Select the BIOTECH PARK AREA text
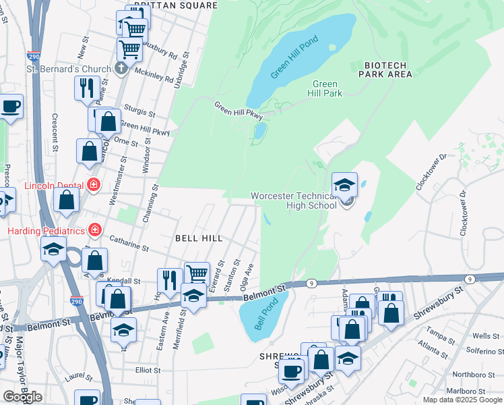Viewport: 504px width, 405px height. coord(387,70)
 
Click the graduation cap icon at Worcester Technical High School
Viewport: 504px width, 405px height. coord(344,184)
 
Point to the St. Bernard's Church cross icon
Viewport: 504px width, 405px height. coord(121,68)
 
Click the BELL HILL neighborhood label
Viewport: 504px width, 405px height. coord(199,238)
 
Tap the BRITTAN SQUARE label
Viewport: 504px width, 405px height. coord(175,5)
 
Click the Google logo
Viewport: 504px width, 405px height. coord(22,397)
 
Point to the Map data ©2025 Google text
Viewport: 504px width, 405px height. coord(462,400)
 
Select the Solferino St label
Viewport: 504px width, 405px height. coord(482,352)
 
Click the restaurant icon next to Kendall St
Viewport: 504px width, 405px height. coord(168,279)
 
